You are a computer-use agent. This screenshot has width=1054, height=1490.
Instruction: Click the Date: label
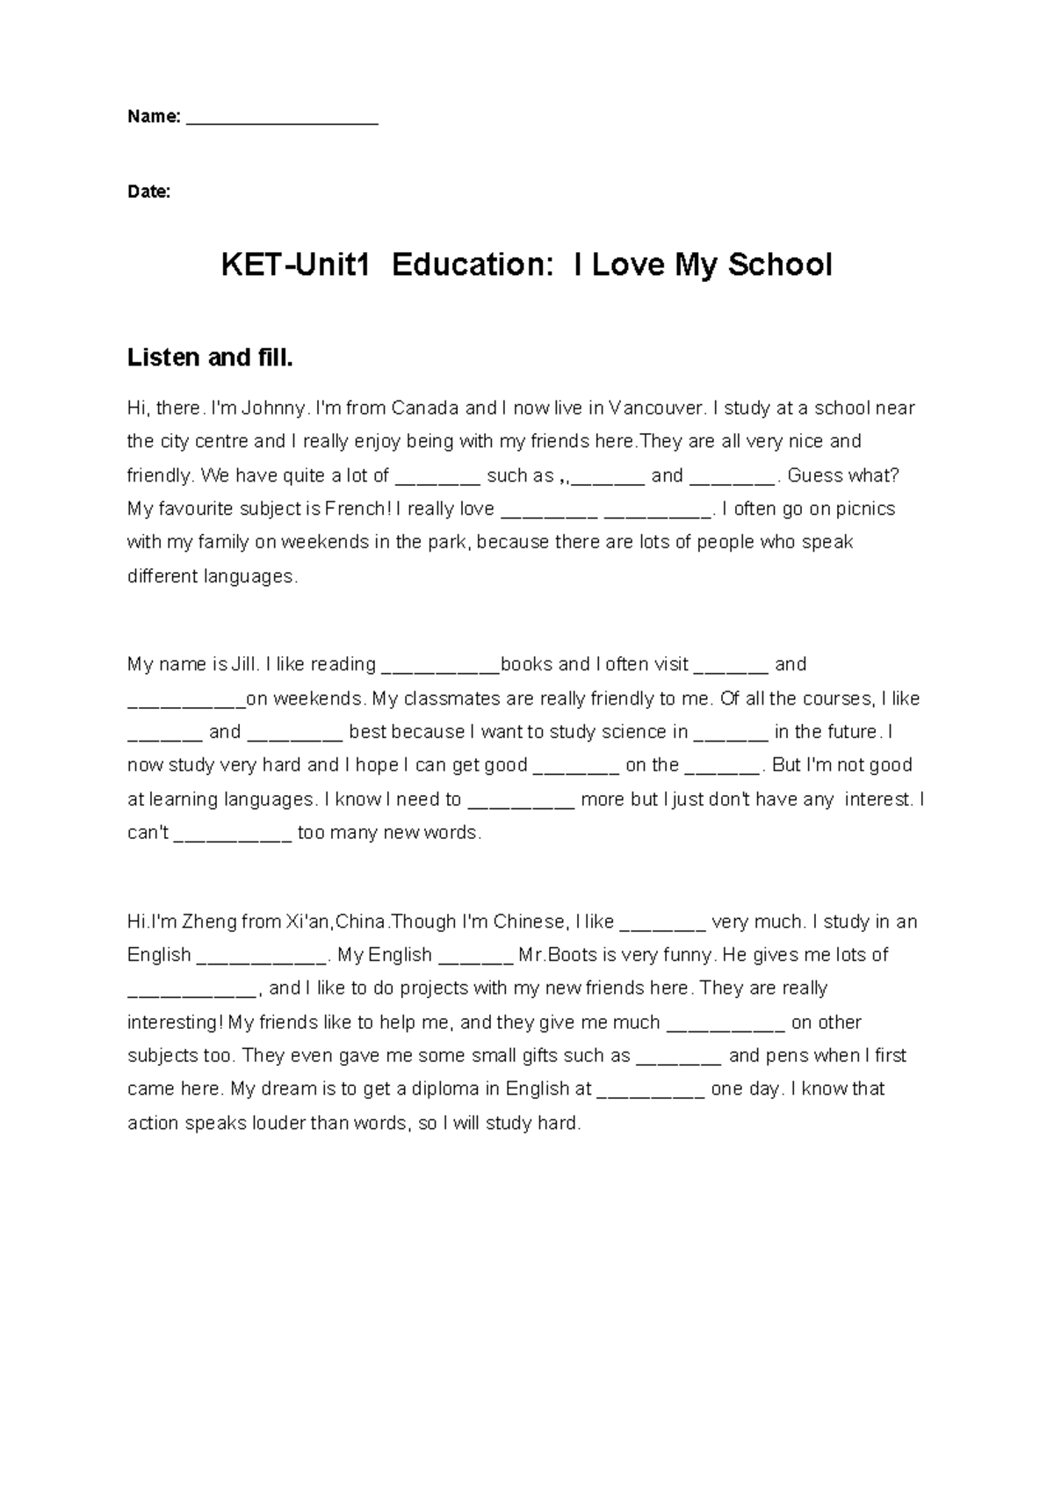click(149, 192)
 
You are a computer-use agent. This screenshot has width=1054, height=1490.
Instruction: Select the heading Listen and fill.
click(210, 358)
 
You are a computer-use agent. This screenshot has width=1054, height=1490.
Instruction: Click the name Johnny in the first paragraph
click(274, 409)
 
